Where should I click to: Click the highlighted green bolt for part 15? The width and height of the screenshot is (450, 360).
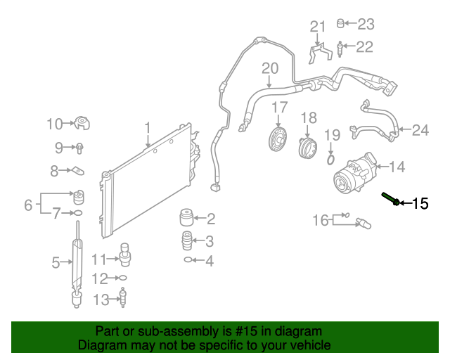coord(391,199)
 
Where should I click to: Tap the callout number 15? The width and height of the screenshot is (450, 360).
coord(420,204)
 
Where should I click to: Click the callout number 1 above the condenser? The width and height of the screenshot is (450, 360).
coord(148,127)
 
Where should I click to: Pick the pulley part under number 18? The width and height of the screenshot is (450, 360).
coord(308,147)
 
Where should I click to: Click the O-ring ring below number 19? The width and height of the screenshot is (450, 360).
coord(331,160)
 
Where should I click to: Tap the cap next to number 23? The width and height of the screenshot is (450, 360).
coord(342,24)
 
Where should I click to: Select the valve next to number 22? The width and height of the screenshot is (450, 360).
coord(341,49)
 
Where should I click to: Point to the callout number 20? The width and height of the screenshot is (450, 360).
coord(270,69)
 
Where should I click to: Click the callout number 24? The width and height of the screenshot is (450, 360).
coord(420,129)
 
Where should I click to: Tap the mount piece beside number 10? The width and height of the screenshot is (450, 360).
coord(84,124)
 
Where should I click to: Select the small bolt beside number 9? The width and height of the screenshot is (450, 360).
coord(80,148)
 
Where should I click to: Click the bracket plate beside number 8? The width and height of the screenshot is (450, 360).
coord(79,170)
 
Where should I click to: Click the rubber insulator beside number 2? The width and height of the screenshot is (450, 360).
coord(186,217)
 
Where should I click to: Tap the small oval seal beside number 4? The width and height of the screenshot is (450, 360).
coord(188,260)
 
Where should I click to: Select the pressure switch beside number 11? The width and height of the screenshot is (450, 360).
coord(124,253)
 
